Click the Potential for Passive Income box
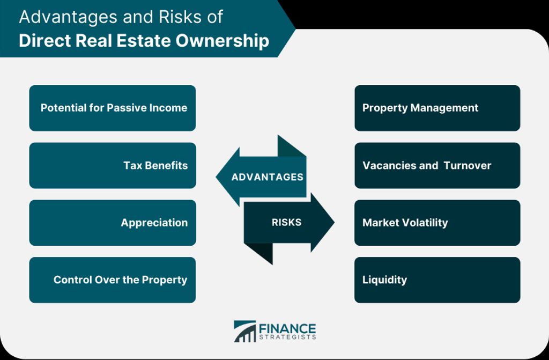click(113, 108)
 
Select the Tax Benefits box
click(113, 165)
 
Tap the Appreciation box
click(113, 223)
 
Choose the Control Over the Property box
click(113, 280)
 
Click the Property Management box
click(437, 108)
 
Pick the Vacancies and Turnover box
click(437, 165)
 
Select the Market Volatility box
click(437, 223)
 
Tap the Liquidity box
click(437, 280)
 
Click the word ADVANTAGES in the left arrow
click(267, 177)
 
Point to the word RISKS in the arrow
click(286, 222)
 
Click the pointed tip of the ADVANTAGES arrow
click(216, 177)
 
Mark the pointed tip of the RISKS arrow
click(335, 222)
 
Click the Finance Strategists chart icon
click(244, 331)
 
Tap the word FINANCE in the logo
click(287, 328)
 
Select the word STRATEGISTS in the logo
click(287, 337)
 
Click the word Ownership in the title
click(222, 40)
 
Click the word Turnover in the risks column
click(467, 165)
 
